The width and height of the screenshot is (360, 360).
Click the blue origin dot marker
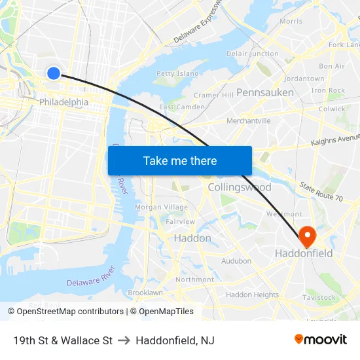(54, 73)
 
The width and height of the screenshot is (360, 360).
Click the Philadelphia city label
(63, 102)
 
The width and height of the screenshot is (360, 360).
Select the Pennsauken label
(265, 92)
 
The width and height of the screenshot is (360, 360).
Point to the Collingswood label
(239, 187)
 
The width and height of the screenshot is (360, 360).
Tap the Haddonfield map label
(304, 253)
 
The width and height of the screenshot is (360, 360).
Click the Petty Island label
(177, 74)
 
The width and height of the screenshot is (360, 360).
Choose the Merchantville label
(248, 121)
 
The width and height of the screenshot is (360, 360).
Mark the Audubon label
(236, 261)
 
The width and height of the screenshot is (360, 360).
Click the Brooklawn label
(145, 293)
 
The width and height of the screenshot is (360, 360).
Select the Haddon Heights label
(253, 295)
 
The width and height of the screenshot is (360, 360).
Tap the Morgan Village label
(161, 207)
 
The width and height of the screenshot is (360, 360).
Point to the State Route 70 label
(321, 192)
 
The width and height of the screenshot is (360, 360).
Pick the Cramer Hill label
(213, 95)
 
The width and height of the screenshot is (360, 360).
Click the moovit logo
(321, 340)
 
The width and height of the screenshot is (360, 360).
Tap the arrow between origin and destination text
(124, 340)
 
